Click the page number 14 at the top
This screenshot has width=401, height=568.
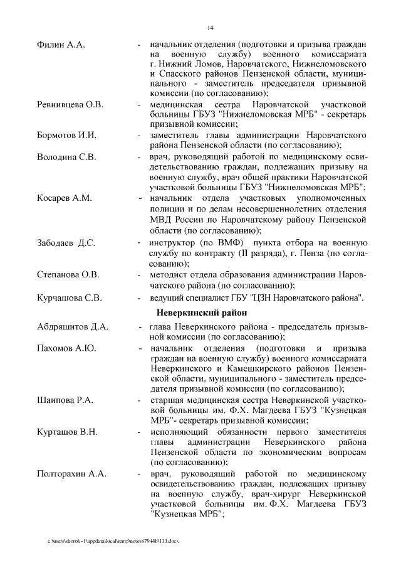(210, 27)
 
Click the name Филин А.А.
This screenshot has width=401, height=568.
(61, 46)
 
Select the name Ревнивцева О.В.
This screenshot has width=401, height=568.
(70, 104)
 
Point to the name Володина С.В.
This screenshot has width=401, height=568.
(66, 156)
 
